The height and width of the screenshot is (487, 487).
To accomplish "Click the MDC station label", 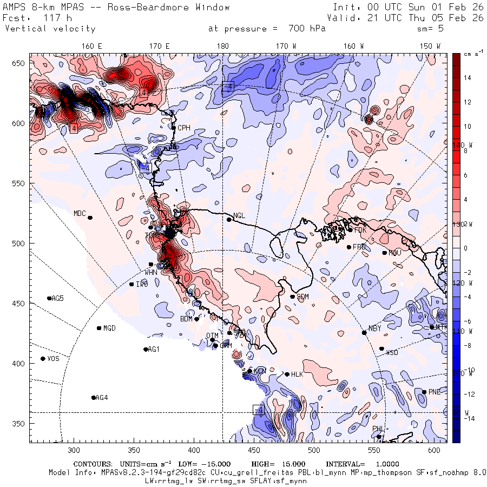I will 80,213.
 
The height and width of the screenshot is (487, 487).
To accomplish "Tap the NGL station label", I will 239,215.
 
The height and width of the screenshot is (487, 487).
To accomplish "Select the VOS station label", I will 53,359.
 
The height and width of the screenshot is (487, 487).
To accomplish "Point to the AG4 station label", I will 101,398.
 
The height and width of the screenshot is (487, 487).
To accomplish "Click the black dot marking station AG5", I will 49,298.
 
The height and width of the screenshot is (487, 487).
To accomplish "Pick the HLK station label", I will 297,374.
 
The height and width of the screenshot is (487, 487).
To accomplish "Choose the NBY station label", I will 374,328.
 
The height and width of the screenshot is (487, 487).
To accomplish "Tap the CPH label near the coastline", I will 184,128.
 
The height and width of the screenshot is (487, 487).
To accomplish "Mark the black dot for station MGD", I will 99,328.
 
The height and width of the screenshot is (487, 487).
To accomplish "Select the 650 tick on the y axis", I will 20,64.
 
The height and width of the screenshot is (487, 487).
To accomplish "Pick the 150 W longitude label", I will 431,47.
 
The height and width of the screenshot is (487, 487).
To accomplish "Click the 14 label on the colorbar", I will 468,78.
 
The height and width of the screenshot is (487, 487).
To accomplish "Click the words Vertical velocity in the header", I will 50,29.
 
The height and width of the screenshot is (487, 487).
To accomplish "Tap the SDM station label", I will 303,297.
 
